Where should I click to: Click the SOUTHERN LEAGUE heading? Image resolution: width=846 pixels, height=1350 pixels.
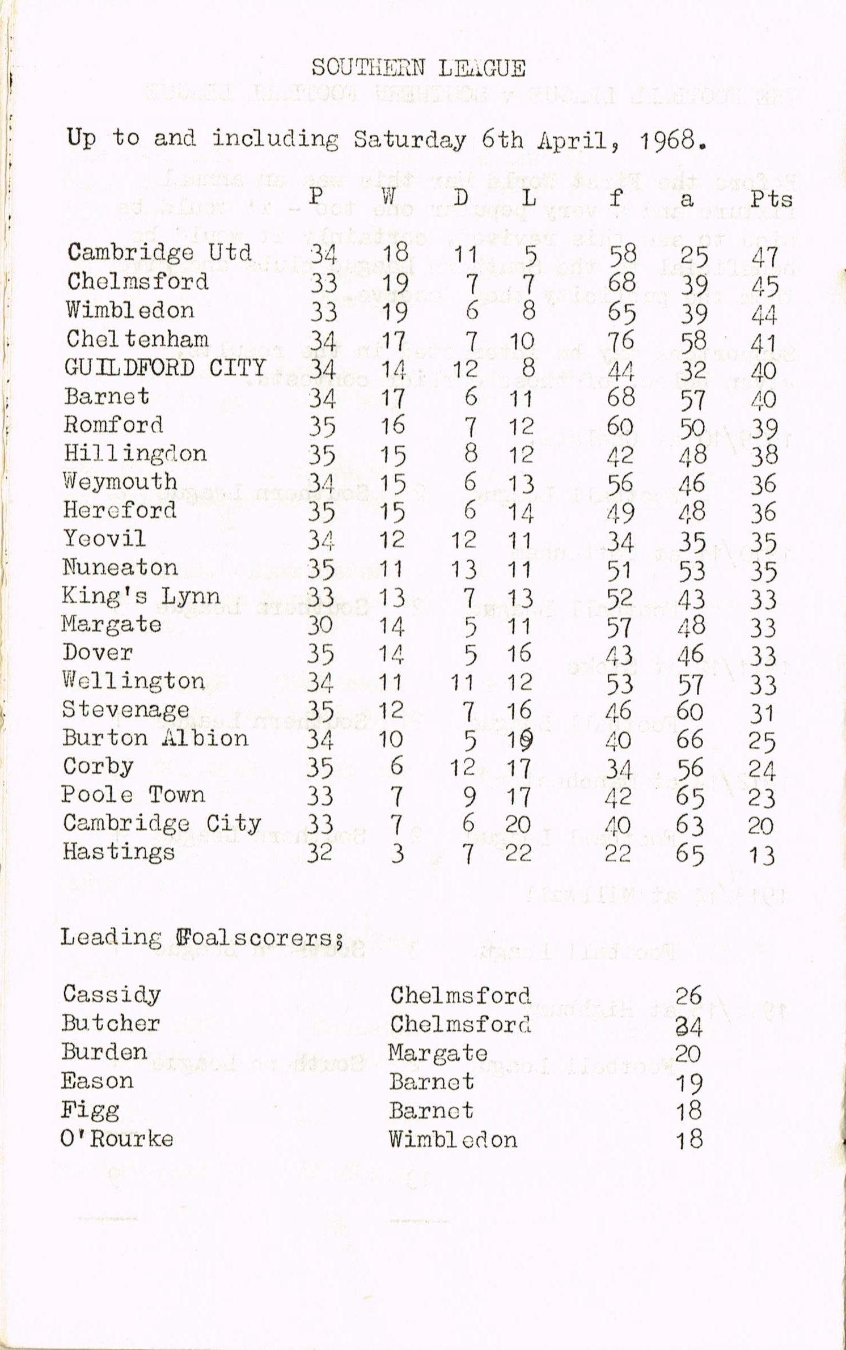(x=418, y=69)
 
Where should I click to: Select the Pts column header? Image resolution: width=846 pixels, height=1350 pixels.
(x=771, y=199)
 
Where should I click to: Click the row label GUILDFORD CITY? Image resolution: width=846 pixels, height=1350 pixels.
(x=165, y=368)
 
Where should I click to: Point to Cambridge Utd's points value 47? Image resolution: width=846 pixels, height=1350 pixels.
(x=765, y=257)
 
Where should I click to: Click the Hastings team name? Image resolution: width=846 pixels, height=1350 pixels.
(x=119, y=852)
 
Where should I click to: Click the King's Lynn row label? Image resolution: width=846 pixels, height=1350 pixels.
(x=141, y=596)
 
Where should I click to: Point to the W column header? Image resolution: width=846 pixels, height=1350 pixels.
(x=388, y=197)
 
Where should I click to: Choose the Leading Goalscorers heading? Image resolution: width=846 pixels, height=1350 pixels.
(x=202, y=938)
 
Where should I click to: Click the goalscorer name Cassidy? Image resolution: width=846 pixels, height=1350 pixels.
(x=112, y=994)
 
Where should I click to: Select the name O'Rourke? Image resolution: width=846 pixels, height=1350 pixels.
(x=117, y=1139)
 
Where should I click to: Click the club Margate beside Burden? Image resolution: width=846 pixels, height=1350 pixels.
(x=438, y=1053)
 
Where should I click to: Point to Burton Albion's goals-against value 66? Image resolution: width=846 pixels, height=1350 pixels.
(x=690, y=740)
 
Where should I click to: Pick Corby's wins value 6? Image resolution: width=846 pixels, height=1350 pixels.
(x=396, y=767)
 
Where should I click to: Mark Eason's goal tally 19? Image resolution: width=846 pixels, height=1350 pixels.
(x=689, y=1083)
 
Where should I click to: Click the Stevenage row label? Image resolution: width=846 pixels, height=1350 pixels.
(x=126, y=710)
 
